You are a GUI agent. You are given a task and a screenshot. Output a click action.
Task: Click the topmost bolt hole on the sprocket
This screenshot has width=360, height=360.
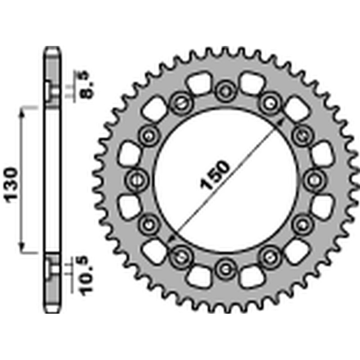225,91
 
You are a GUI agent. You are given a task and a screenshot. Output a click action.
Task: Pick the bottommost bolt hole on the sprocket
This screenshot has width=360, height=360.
225,269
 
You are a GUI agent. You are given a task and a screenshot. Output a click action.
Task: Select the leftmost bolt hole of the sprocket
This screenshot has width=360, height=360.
136,180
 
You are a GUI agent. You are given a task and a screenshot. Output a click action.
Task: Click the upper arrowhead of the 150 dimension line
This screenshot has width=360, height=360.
281,121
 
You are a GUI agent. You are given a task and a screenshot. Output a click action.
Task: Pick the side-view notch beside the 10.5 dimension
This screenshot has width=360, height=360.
51,269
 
